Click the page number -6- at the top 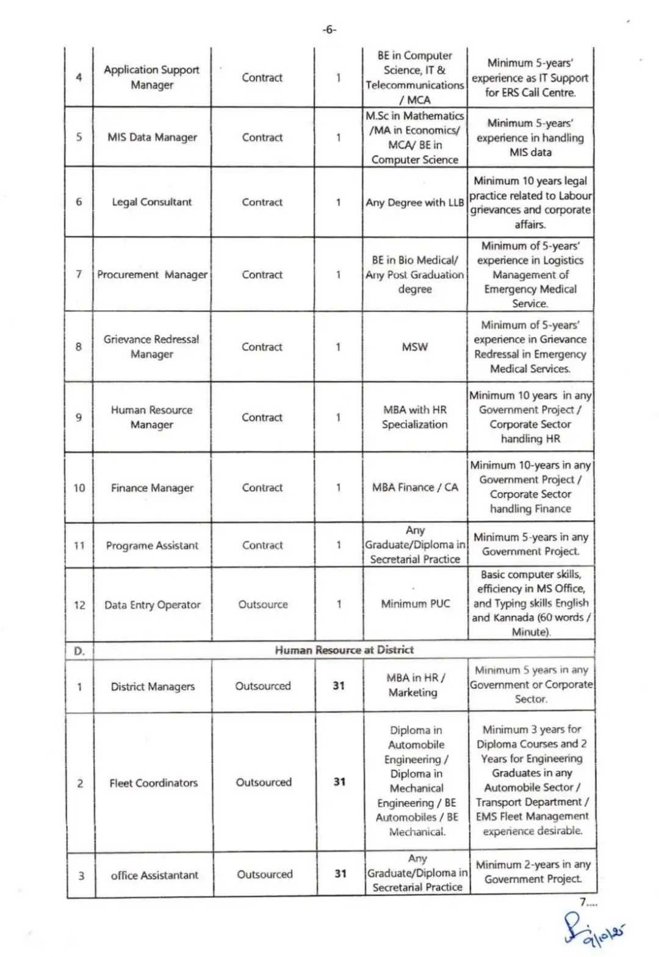329,29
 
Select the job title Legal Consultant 151,202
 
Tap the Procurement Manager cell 152,274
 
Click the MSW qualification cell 414,346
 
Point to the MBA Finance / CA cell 415,487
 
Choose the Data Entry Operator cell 152,604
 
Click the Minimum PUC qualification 415,604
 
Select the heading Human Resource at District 344,650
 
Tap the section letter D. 79,651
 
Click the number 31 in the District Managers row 339,686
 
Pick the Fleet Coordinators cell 153,783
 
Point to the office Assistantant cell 154,875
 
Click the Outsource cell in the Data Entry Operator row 263,604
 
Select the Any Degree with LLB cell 415,203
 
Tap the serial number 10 79,488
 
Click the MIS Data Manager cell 152,137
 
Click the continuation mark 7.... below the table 588,903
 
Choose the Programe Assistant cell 152,545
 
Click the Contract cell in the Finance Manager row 262,487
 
